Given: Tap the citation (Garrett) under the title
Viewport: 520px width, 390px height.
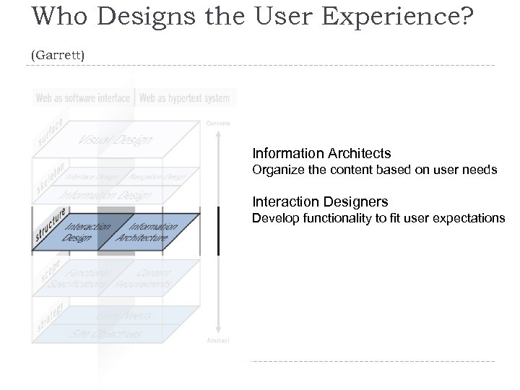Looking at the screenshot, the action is click(x=58, y=54).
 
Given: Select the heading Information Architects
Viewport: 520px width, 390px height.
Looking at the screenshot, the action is click(x=321, y=153).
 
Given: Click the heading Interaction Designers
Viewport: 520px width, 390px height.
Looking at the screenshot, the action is click(x=320, y=202).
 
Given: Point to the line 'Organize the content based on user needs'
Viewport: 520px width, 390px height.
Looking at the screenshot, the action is click(x=374, y=170).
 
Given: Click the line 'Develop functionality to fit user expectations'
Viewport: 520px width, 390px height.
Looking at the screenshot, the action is click(x=378, y=218).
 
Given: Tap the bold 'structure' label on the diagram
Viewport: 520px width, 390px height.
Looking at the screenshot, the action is click(x=51, y=225).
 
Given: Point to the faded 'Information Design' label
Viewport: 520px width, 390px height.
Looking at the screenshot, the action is click(x=105, y=195).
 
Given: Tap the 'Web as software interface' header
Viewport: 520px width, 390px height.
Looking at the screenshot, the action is click(x=83, y=97).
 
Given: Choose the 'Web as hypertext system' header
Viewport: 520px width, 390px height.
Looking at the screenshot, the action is click(x=184, y=97).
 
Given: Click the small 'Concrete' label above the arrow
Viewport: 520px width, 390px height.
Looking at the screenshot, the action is click(x=218, y=123).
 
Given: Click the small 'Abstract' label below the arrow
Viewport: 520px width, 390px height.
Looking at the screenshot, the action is click(x=218, y=339).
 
